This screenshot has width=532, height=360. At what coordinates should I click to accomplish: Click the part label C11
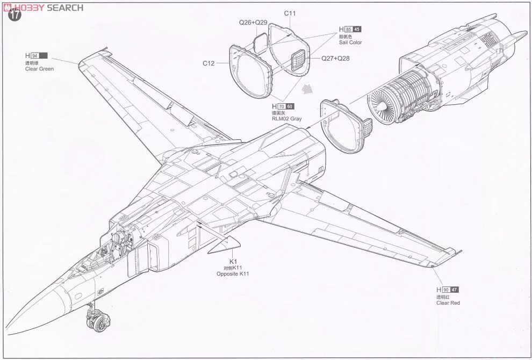[290, 13]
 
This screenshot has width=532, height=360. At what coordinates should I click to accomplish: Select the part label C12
[209, 63]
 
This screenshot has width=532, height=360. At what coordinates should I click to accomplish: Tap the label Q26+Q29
[253, 23]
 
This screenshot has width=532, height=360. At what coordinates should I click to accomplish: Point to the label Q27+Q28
[335, 58]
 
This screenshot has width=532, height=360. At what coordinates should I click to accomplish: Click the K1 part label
[233, 261]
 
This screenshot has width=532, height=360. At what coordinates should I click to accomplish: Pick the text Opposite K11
[233, 274]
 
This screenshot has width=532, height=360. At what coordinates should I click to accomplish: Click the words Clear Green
[40, 69]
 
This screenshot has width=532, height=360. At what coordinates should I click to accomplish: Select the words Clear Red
[448, 303]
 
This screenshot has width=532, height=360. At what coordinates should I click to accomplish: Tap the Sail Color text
[350, 42]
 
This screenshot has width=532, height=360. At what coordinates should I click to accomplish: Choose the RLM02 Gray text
[287, 119]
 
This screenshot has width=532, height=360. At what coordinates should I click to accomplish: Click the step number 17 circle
[15, 15]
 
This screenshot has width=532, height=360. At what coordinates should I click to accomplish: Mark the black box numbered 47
[455, 290]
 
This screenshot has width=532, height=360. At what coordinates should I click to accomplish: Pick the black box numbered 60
[290, 106]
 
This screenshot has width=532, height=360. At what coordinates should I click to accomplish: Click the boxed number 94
[35, 56]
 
